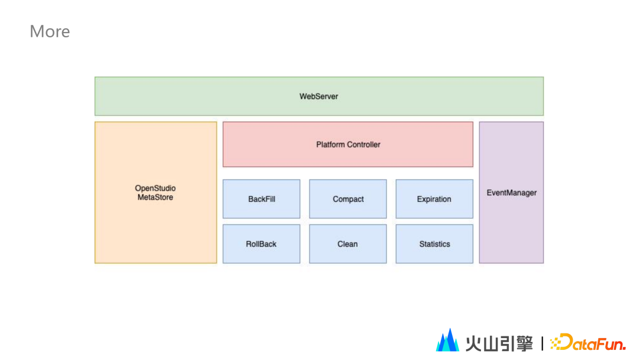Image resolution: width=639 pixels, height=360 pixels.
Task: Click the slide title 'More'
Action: click(x=50, y=31)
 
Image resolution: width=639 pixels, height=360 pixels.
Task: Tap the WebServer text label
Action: click(x=318, y=97)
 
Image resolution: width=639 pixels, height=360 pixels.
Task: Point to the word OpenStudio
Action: click(x=156, y=189)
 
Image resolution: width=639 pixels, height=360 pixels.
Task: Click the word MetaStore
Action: click(x=156, y=197)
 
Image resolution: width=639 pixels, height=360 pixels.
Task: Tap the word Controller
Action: click(x=364, y=144)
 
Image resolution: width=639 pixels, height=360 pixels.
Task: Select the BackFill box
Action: click(x=262, y=199)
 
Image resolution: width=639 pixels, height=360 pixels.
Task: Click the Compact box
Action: click(x=348, y=199)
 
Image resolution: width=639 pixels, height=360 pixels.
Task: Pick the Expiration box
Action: click(x=434, y=199)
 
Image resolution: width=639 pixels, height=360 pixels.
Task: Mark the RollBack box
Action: click(x=262, y=244)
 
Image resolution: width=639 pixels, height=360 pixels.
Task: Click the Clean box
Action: click(x=348, y=244)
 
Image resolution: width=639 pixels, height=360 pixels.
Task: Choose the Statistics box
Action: click(x=434, y=244)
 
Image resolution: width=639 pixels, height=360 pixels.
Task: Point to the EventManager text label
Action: click(x=511, y=193)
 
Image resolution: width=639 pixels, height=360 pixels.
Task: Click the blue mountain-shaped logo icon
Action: click(x=447, y=340)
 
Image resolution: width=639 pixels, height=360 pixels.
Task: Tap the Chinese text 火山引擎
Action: click(x=499, y=343)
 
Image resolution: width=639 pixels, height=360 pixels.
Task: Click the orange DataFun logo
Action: click(x=588, y=342)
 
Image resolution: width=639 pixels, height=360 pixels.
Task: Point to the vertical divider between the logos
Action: click(x=542, y=343)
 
